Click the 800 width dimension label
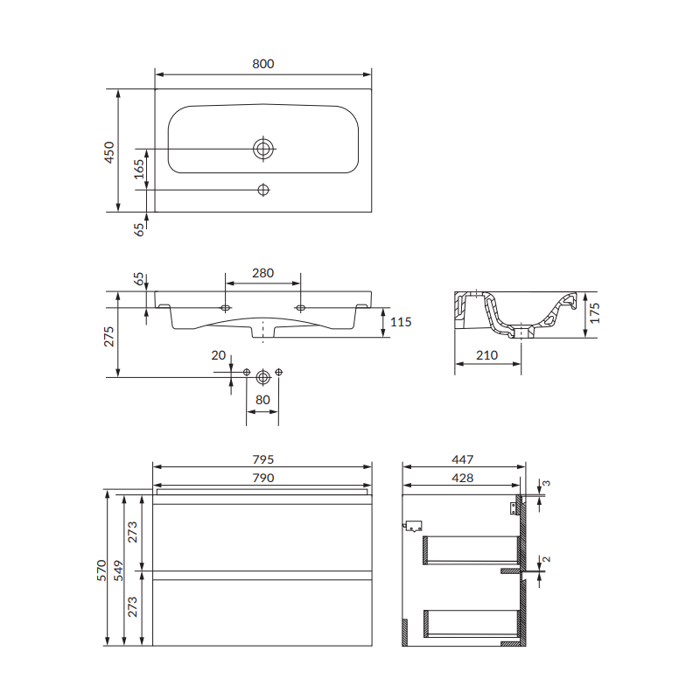[263, 64]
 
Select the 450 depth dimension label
[108, 152]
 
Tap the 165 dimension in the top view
[139, 169]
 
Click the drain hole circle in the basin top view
[263, 149]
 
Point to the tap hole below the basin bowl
[263, 190]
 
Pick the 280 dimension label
[263, 273]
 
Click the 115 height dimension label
[401, 322]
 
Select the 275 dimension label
[108, 337]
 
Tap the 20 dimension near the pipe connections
[218, 355]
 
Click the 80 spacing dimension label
[262, 400]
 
